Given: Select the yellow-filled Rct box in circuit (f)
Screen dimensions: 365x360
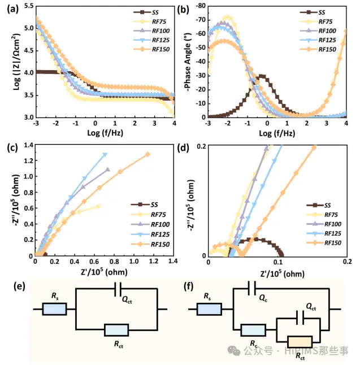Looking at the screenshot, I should [x=300, y=341].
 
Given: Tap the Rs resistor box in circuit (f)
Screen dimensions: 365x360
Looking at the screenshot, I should [x=209, y=308].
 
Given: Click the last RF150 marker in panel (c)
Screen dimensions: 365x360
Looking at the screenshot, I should [x=148, y=154].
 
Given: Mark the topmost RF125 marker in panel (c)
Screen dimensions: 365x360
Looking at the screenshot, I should [x=105, y=154].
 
